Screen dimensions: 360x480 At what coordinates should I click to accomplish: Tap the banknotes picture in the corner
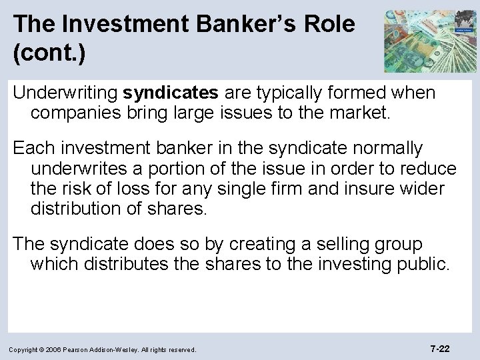[x=430, y=40]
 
